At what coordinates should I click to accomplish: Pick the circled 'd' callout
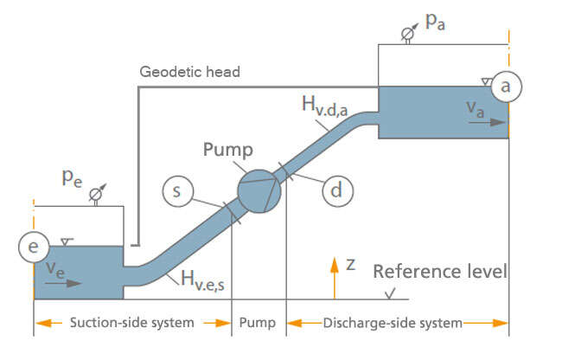(337, 190)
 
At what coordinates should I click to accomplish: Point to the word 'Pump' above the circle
(227, 149)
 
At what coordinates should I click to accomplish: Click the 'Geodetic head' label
(189, 72)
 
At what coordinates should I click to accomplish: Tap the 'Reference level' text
(440, 272)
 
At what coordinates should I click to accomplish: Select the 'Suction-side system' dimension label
(132, 323)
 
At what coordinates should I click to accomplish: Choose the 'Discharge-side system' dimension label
(393, 323)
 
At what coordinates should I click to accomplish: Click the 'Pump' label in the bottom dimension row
(258, 323)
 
